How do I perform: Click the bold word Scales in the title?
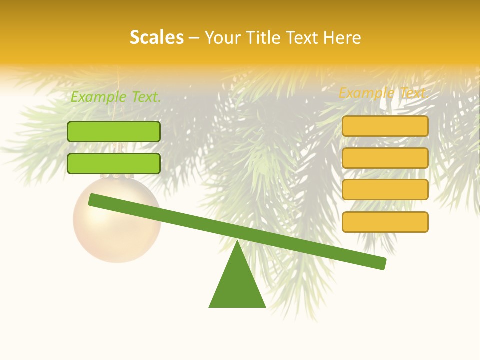point(156,37)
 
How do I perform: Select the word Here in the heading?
point(342,38)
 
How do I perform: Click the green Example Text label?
point(116,97)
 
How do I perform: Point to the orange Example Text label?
point(383,93)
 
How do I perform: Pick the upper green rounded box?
point(114,131)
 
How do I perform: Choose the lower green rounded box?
point(114,163)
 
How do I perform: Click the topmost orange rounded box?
point(385,126)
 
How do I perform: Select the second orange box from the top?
point(385,158)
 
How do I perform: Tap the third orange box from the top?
point(385,190)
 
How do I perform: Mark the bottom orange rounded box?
point(385,222)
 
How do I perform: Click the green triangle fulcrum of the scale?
point(237,285)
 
